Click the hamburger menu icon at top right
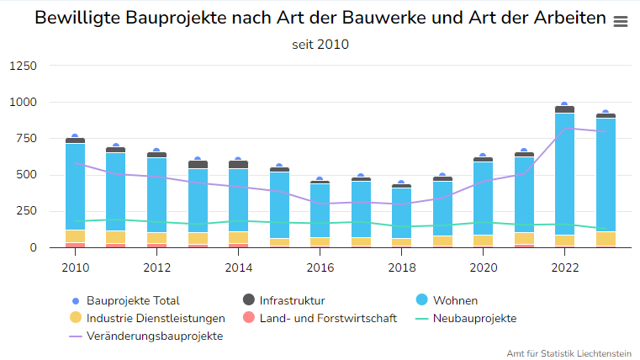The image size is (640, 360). point(621,22)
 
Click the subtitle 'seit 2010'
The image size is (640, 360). point(320,45)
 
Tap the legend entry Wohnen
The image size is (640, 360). point(455,300)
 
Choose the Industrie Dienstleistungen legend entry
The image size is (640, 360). point(156,318)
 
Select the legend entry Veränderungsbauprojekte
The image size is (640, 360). point(155,336)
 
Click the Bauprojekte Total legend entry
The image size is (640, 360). point(133,300)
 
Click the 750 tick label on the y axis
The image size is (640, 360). point(26,139)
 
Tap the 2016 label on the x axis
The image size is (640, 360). point(320,268)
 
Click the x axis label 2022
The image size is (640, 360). point(564,268)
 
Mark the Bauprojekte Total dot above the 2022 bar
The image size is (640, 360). point(564,105)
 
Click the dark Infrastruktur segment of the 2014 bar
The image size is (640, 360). point(239,165)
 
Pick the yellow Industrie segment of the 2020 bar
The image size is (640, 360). point(483,241)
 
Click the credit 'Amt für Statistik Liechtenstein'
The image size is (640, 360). point(569,352)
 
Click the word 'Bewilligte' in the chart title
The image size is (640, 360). point(75,19)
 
